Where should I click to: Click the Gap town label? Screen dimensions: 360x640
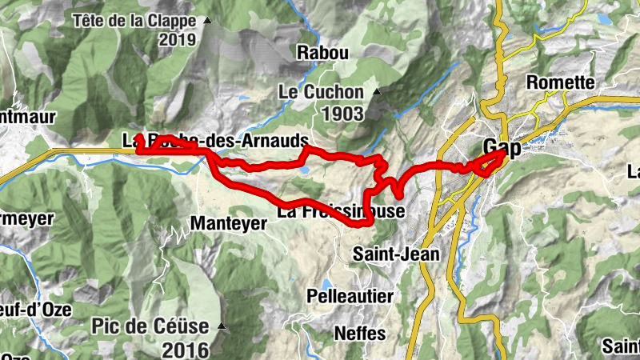click(502, 148)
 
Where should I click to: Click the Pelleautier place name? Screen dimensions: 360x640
click(350, 296)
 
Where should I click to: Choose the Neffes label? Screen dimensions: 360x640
click(360, 333)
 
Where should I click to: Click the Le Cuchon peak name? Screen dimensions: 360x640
click(320, 92)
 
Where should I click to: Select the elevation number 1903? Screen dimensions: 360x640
click(343, 114)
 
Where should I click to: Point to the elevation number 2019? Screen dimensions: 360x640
click(178, 40)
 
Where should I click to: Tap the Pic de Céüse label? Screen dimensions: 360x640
click(150, 326)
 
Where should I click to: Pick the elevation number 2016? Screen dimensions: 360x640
click(185, 350)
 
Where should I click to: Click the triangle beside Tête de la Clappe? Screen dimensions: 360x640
click(208, 20)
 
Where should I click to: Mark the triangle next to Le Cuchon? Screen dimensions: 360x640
click(375, 92)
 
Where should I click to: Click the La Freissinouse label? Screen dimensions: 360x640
click(336, 213)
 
